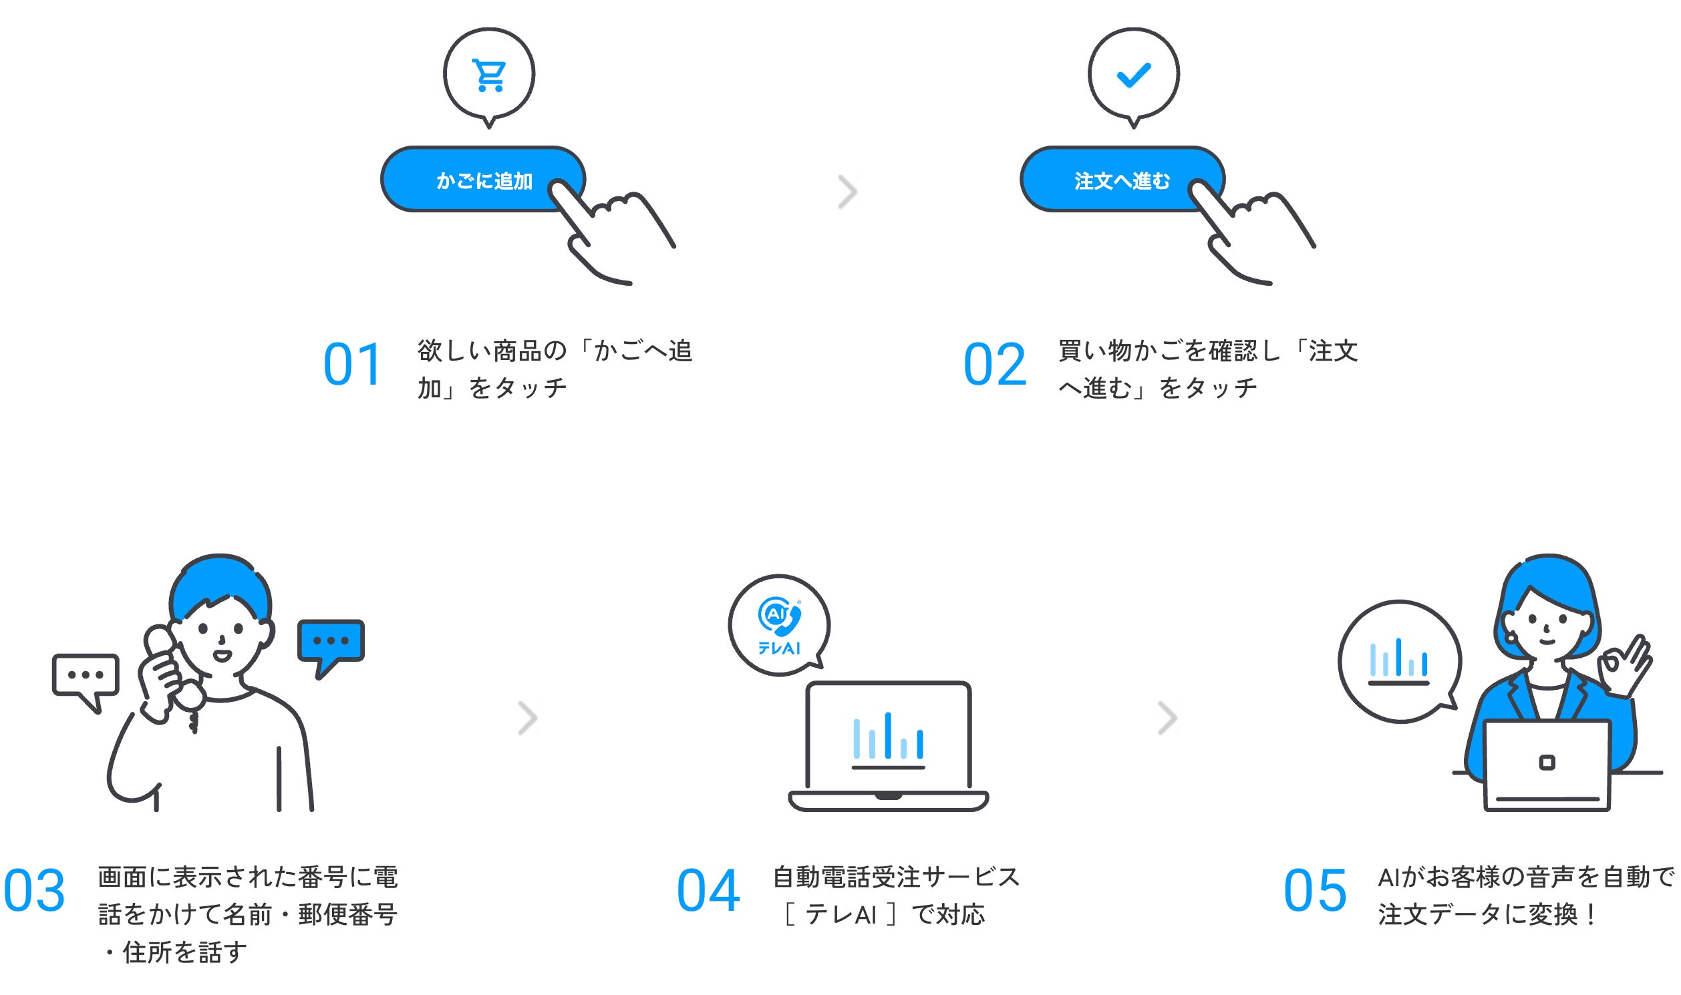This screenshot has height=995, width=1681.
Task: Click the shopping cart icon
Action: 489,75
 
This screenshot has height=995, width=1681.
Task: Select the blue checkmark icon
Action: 1133,75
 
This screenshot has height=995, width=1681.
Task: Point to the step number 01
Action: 352,365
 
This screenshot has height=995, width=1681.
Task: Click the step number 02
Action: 994,365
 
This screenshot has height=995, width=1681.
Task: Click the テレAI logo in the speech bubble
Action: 778,626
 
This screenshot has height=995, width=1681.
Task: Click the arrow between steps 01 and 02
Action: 848,192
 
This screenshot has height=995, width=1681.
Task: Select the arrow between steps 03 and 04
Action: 528,718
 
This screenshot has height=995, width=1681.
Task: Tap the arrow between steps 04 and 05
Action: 1168,718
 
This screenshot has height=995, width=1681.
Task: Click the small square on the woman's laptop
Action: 1547,763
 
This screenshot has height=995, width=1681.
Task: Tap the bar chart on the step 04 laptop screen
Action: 887,740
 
